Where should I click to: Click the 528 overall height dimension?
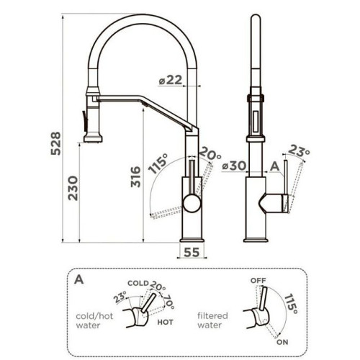[x=55, y=143]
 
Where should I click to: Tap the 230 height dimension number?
[x=73, y=188]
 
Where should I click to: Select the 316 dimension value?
[x=135, y=176]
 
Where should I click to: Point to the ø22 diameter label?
[x=171, y=80]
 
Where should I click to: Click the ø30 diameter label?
[x=234, y=166]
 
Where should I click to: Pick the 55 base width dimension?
[x=192, y=252]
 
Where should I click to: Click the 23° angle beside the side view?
[x=299, y=150]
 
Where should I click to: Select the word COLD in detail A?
[x=138, y=283]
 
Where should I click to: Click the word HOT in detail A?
[x=165, y=322]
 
